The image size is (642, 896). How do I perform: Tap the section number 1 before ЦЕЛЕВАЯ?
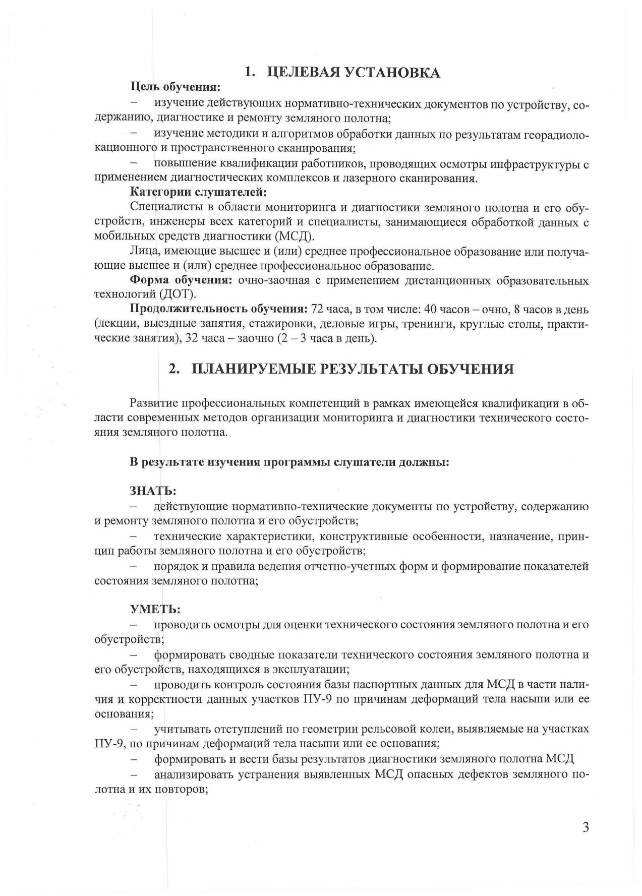click(x=248, y=73)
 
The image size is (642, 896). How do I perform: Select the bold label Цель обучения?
click(x=175, y=87)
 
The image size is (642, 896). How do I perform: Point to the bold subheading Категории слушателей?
click(x=198, y=192)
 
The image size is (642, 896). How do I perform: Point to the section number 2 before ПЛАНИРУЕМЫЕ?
click(x=173, y=370)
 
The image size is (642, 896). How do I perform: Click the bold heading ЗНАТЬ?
click(x=153, y=491)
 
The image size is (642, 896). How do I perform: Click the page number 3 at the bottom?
click(x=585, y=827)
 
